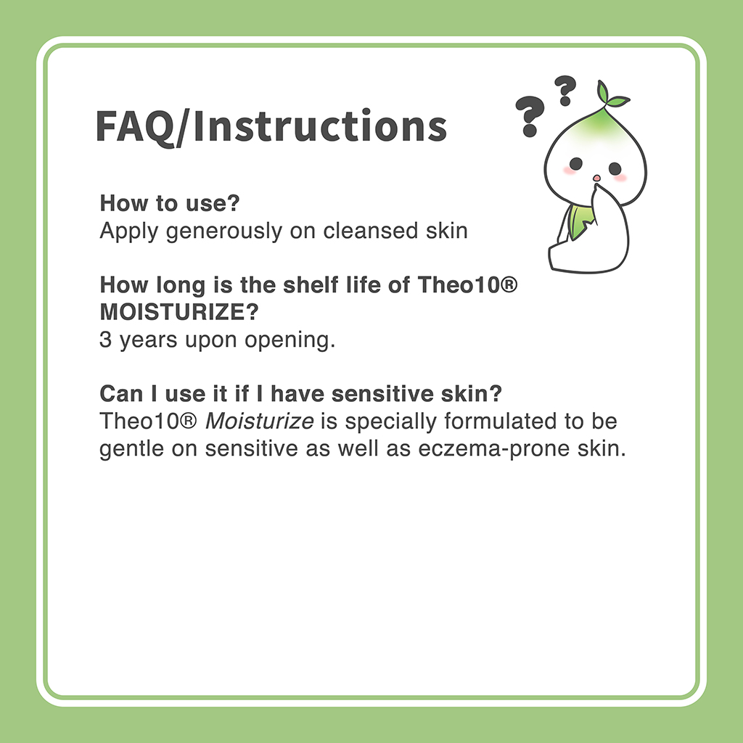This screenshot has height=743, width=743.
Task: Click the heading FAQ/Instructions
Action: (x=271, y=126)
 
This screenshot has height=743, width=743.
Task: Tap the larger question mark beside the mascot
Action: (x=529, y=116)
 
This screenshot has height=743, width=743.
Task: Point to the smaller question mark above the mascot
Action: (x=565, y=90)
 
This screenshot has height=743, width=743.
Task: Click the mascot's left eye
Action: (x=575, y=164)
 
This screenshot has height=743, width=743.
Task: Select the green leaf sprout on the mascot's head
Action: (x=611, y=94)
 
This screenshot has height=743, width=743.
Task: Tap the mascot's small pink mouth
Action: (x=596, y=178)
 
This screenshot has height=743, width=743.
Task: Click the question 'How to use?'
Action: (x=170, y=203)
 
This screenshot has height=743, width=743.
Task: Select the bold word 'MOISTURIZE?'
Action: (x=179, y=312)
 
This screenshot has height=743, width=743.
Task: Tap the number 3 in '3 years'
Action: (x=105, y=340)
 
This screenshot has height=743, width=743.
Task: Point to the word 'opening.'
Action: (x=290, y=341)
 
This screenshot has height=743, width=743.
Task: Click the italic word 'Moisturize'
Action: (x=259, y=421)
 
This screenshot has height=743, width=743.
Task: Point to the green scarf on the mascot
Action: (x=580, y=221)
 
